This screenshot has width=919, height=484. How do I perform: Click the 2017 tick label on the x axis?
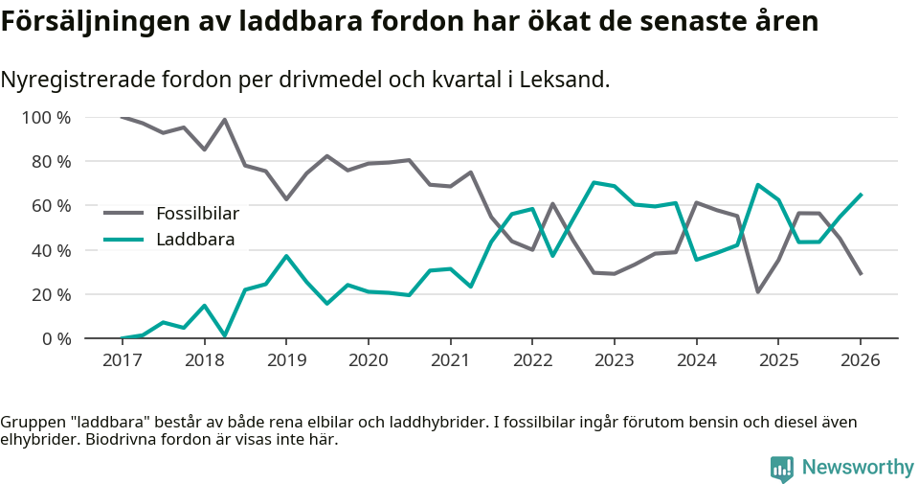point(122,360)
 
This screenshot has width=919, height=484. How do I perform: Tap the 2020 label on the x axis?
point(368,360)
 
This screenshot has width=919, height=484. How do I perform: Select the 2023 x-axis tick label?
point(614,360)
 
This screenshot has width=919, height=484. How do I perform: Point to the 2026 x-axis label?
point(860,360)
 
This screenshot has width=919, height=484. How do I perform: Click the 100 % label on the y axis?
point(47,118)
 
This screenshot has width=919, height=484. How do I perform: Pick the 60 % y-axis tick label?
point(51,206)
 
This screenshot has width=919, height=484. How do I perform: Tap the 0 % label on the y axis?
point(55,338)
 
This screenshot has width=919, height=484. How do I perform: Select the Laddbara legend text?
point(195,240)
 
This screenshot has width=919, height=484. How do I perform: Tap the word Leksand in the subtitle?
point(565,80)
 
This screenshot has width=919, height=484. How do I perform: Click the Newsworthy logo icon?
point(782,468)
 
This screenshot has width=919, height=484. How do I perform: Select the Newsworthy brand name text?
point(858,468)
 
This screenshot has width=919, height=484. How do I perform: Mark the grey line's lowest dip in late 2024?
point(757,291)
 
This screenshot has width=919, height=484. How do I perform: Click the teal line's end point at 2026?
point(861,195)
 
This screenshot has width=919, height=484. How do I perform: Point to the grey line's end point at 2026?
point(861,274)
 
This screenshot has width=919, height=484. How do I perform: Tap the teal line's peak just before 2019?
point(285,256)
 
